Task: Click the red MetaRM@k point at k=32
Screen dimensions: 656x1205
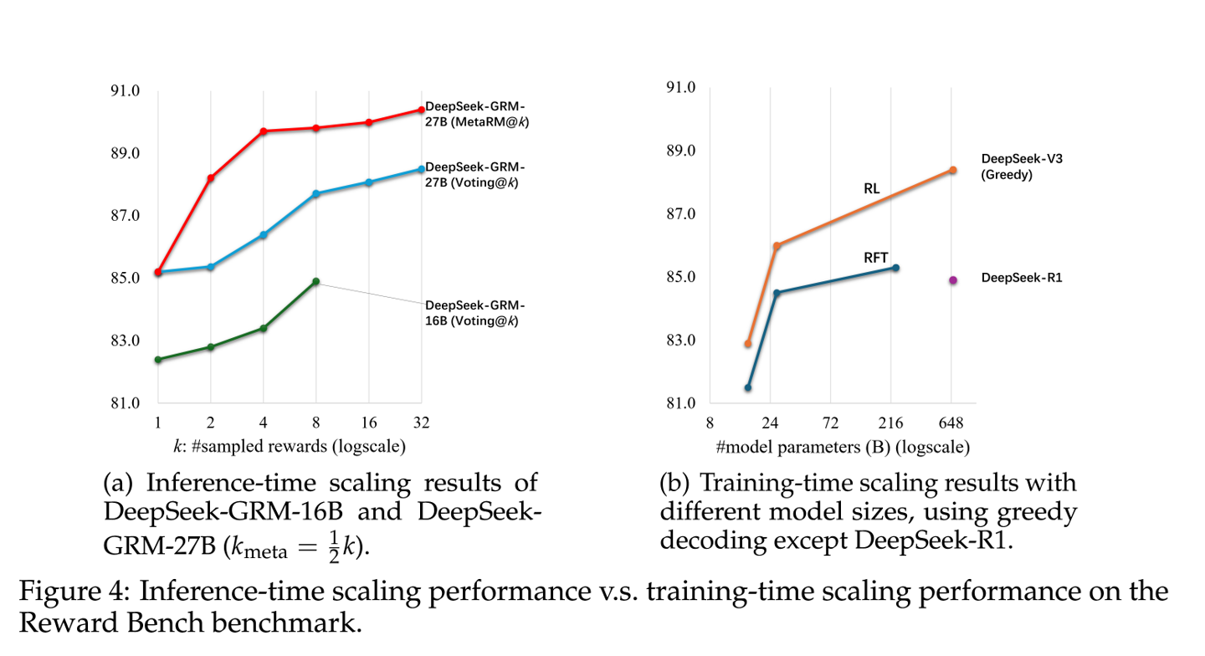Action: click(421, 110)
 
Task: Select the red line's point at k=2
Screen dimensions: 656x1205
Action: click(211, 178)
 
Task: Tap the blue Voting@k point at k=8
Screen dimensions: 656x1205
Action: click(315, 194)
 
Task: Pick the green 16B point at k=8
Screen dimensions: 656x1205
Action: click(315, 282)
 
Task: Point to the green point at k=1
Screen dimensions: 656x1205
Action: click(158, 360)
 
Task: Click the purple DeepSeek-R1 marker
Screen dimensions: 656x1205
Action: click(953, 280)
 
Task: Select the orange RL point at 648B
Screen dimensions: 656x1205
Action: click(953, 170)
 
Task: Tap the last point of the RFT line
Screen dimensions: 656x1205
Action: click(895, 268)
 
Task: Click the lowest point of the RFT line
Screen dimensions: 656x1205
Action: click(748, 387)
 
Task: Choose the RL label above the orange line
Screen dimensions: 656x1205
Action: click(871, 189)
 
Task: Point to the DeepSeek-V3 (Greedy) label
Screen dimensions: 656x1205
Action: click(1021, 167)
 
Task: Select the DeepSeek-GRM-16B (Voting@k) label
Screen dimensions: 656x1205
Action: click(475, 313)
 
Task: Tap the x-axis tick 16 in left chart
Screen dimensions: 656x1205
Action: click(368, 423)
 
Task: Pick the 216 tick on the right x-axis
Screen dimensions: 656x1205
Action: click(892, 423)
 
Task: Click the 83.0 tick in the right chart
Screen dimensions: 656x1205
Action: click(679, 341)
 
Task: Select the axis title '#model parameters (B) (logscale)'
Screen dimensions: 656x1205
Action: click(843, 448)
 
